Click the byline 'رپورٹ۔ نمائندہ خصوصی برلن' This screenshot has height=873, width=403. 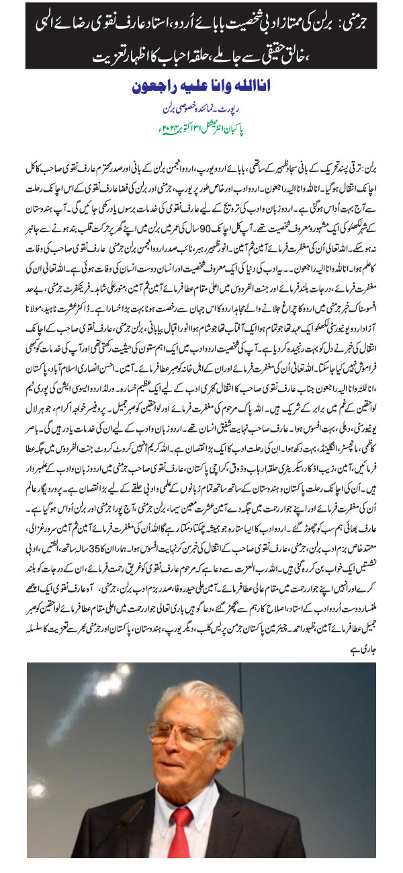(x=201, y=108)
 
